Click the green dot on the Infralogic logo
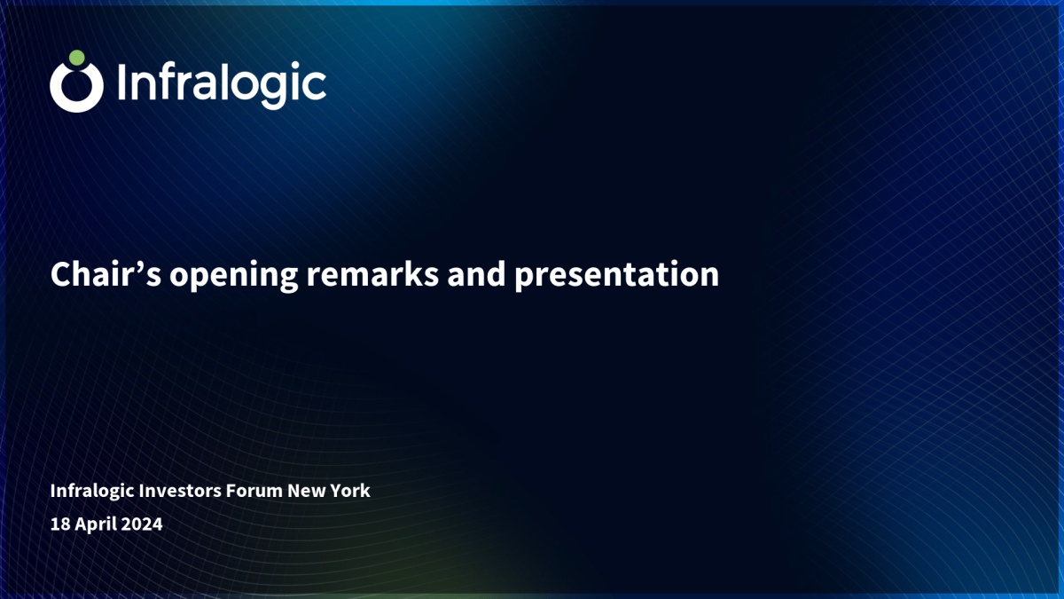tap(77, 58)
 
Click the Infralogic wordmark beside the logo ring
tap(222, 84)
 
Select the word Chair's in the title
tap(106, 274)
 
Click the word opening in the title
tap(234, 276)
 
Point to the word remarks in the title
tap(372, 274)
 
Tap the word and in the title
tap(476, 274)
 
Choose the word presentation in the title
tap(617, 276)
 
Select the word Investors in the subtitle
tap(180, 490)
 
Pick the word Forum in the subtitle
tap(254, 490)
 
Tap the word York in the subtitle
tap(350, 490)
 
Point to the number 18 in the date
tap(60, 524)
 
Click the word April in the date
tap(96, 524)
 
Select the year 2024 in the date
tap(142, 524)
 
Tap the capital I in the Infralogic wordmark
tap(121, 83)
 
